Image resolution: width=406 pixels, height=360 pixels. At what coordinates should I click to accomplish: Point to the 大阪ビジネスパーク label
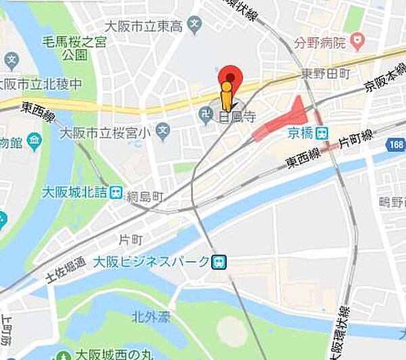click(151, 261)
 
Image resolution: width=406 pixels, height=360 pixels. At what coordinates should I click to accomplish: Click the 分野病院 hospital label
click(320, 44)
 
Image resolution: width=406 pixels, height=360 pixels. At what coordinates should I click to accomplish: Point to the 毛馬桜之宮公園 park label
click(74, 47)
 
